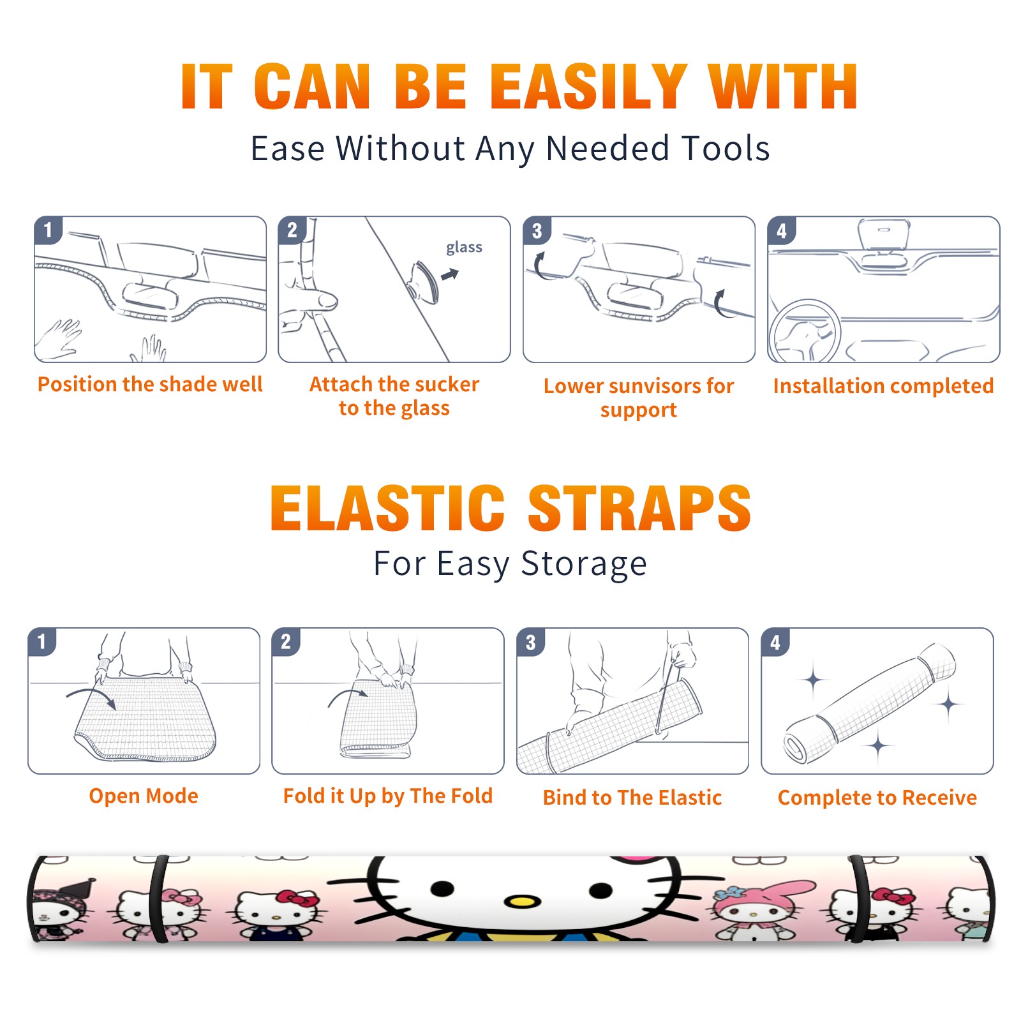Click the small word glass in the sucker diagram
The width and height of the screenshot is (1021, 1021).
pos(464,248)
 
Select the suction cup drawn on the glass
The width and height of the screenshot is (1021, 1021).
pos(424,281)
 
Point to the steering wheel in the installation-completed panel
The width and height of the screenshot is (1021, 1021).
pos(805,332)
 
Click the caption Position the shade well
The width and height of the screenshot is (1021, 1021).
pos(150,384)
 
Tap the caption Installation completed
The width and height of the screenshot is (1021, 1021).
pos(883,386)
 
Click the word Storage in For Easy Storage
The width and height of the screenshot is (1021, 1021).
pos(584,564)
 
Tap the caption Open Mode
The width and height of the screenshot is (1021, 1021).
pos(144,796)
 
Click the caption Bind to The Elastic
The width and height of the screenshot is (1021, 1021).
pos(632,798)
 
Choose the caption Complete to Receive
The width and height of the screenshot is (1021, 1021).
pos(877,798)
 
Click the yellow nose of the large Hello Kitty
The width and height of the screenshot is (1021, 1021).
pos(522,902)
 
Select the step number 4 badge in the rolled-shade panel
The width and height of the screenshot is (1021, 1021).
pos(775,642)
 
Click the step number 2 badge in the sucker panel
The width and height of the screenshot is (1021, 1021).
pos(292,230)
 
